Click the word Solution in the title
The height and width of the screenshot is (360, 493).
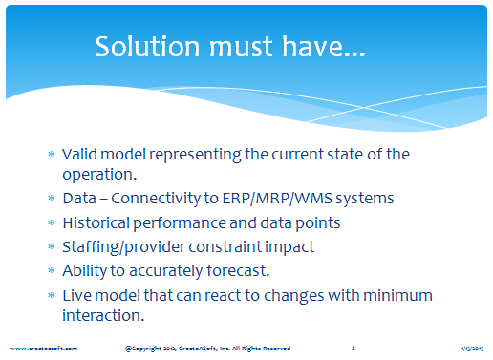pos(147,47)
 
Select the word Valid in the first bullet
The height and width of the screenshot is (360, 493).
pos(79,155)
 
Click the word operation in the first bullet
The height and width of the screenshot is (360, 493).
pos(99,175)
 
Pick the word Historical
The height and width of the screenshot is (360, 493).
pos(96,222)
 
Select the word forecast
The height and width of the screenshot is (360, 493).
pos(238,271)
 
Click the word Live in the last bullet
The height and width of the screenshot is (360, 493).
pos(77,295)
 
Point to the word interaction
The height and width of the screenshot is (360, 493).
pos(103,315)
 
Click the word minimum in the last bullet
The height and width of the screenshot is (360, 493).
pos(397,295)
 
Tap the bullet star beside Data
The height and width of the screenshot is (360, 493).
pos(52,198)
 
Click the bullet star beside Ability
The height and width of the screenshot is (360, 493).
pos(52,270)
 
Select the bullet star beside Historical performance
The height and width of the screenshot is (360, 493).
pos(52,222)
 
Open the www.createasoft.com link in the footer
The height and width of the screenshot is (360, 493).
pos(43,349)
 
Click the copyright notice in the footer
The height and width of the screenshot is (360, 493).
pos(207,349)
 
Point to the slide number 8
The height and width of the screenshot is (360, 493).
pos(354,349)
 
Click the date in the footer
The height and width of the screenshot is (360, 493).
pos(473,349)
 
